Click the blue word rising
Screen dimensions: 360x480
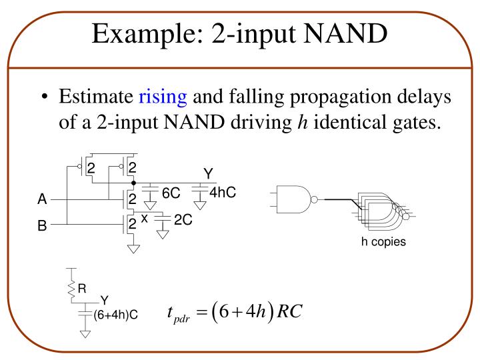[x=162, y=97]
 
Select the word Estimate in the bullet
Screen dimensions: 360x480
[x=96, y=97]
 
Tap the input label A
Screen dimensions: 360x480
[x=42, y=199]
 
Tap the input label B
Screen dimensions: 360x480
[x=42, y=226]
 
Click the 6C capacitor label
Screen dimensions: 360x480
[x=171, y=193]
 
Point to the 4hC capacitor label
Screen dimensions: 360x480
[x=223, y=193]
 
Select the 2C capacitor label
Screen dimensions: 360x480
[x=183, y=220]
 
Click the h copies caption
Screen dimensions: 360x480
[x=383, y=241]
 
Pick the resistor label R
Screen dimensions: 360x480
[x=82, y=289]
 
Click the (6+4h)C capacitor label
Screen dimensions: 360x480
[x=115, y=313]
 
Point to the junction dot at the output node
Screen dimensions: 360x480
[x=134, y=181]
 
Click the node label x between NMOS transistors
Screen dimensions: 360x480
[x=144, y=217]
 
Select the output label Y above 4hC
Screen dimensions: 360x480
[x=208, y=174]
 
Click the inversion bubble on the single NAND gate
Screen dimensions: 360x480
[x=314, y=198]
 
